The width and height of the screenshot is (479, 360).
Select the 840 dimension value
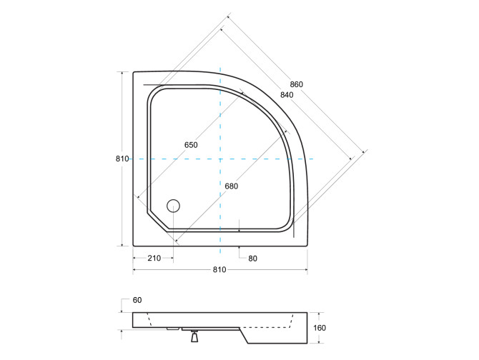[286, 95]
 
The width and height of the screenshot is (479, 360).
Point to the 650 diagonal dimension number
[191, 145]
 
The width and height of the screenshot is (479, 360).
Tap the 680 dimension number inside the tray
[231, 186]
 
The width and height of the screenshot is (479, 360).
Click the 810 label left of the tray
[121, 159]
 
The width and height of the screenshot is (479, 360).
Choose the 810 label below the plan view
[219, 269]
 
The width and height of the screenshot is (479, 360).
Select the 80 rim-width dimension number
[252, 258]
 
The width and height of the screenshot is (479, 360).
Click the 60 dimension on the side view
[137, 300]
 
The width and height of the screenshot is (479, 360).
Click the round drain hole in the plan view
[172, 206]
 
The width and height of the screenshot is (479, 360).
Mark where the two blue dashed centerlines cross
[220, 159]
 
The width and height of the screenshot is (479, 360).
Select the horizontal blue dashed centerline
[272, 159]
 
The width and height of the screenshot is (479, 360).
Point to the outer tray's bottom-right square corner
[307, 245]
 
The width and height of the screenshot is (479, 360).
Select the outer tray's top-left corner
[134, 73]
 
